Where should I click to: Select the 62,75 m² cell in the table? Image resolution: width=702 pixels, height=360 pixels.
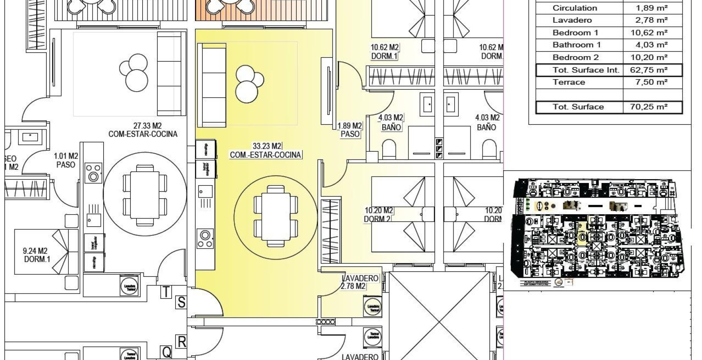tap(651, 70)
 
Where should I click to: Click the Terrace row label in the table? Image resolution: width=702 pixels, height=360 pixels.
tap(569, 82)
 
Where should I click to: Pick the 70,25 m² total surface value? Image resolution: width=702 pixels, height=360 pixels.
tap(651, 107)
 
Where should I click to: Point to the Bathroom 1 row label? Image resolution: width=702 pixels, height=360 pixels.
tap(576, 45)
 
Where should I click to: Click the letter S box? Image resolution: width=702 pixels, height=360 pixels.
tap(181, 303)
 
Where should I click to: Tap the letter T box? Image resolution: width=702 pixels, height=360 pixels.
tap(166, 292)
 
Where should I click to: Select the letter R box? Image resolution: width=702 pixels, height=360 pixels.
tap(181, 342)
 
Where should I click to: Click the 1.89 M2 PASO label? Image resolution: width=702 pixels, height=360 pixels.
tap(350, 129)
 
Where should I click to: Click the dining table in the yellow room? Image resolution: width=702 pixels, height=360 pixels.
tap(276, 215)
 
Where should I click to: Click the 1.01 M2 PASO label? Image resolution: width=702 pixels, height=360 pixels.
tap(66, 160)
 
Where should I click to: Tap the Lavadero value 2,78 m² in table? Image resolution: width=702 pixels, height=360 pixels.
tap(651, 20)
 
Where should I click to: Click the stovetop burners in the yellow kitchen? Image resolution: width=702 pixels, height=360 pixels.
tap(205, 239)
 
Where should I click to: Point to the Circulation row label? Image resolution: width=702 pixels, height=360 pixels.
tap(574, 8)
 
